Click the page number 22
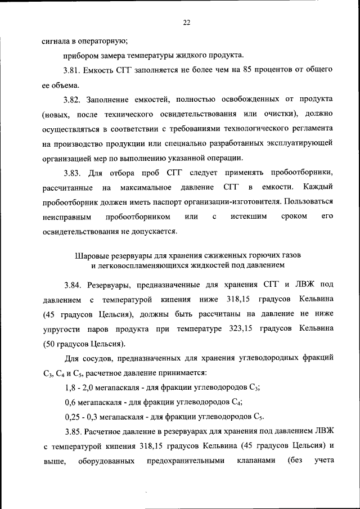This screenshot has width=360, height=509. pos(186,22)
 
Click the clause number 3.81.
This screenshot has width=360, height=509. pos(71,70)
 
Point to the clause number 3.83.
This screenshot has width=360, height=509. pos(71,173)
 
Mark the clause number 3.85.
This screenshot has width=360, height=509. pos(71,431)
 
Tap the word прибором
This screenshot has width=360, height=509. pos(80,55)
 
